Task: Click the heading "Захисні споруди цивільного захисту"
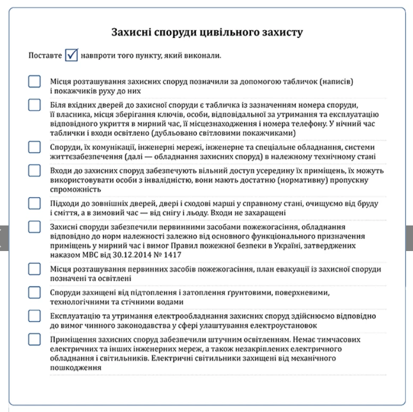(x=207, y=33)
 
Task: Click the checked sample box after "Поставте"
(x=71, y=55)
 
